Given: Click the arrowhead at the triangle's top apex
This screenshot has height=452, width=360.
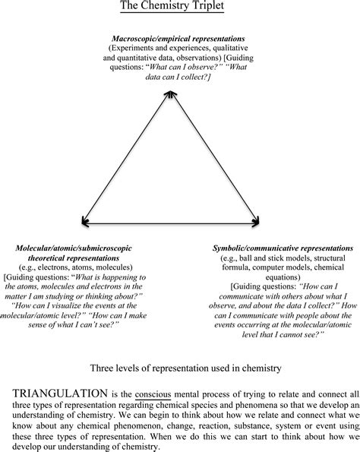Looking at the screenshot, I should [173, 94].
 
